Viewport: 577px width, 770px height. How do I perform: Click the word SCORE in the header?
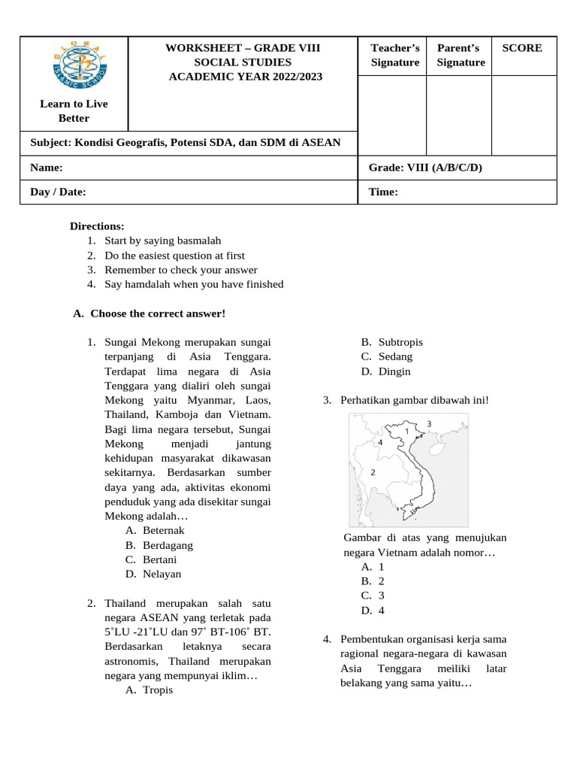(x=521, y=48)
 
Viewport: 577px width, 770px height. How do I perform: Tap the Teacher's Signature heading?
(x=394, y=55)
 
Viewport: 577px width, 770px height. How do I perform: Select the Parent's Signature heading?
(x=461, y=55)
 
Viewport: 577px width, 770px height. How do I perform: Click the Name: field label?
(x=46, y=167)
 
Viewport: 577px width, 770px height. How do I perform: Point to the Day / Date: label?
(x=58, y=192)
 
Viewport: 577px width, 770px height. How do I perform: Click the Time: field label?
(x=383, y=192)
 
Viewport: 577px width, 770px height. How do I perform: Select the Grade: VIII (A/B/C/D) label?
(x=425, y=167)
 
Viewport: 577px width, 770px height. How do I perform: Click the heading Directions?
(x=97, y=226)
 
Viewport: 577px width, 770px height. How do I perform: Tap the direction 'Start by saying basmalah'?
(x=162, y=241)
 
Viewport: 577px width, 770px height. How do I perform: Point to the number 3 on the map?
(x=429, y=424)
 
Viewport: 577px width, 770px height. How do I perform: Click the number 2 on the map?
(x=373, y=472)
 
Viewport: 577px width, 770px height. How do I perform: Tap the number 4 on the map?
(x=381, y=443)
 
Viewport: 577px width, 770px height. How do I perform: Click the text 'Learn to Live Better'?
(x=74, y=111)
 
